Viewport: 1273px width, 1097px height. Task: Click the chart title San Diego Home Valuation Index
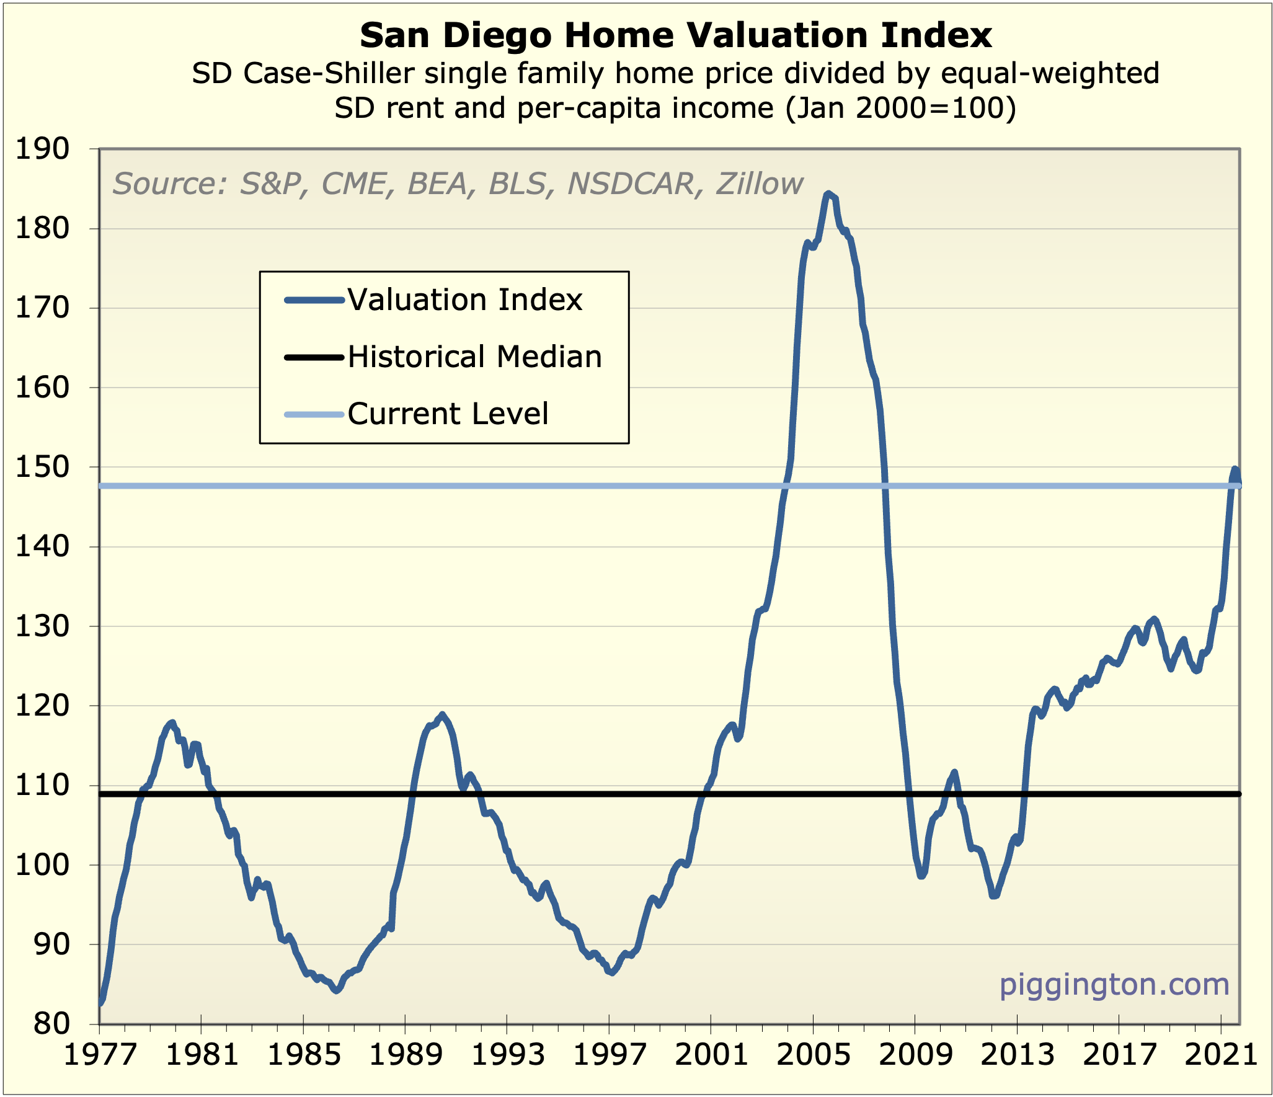point(675,35)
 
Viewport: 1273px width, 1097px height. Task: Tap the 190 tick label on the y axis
point(42,149)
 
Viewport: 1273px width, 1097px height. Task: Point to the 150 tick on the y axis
point(42,468)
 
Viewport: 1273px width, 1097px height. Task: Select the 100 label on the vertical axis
point(42,865)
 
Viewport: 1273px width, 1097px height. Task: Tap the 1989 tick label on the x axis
point(406,1054)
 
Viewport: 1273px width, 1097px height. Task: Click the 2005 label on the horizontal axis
point(814,1054)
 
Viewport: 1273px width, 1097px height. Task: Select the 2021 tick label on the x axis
point(1220,1054)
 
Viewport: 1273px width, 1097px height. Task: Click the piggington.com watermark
point(1114,984)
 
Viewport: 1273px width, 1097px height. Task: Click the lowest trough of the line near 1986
point(336,991)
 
